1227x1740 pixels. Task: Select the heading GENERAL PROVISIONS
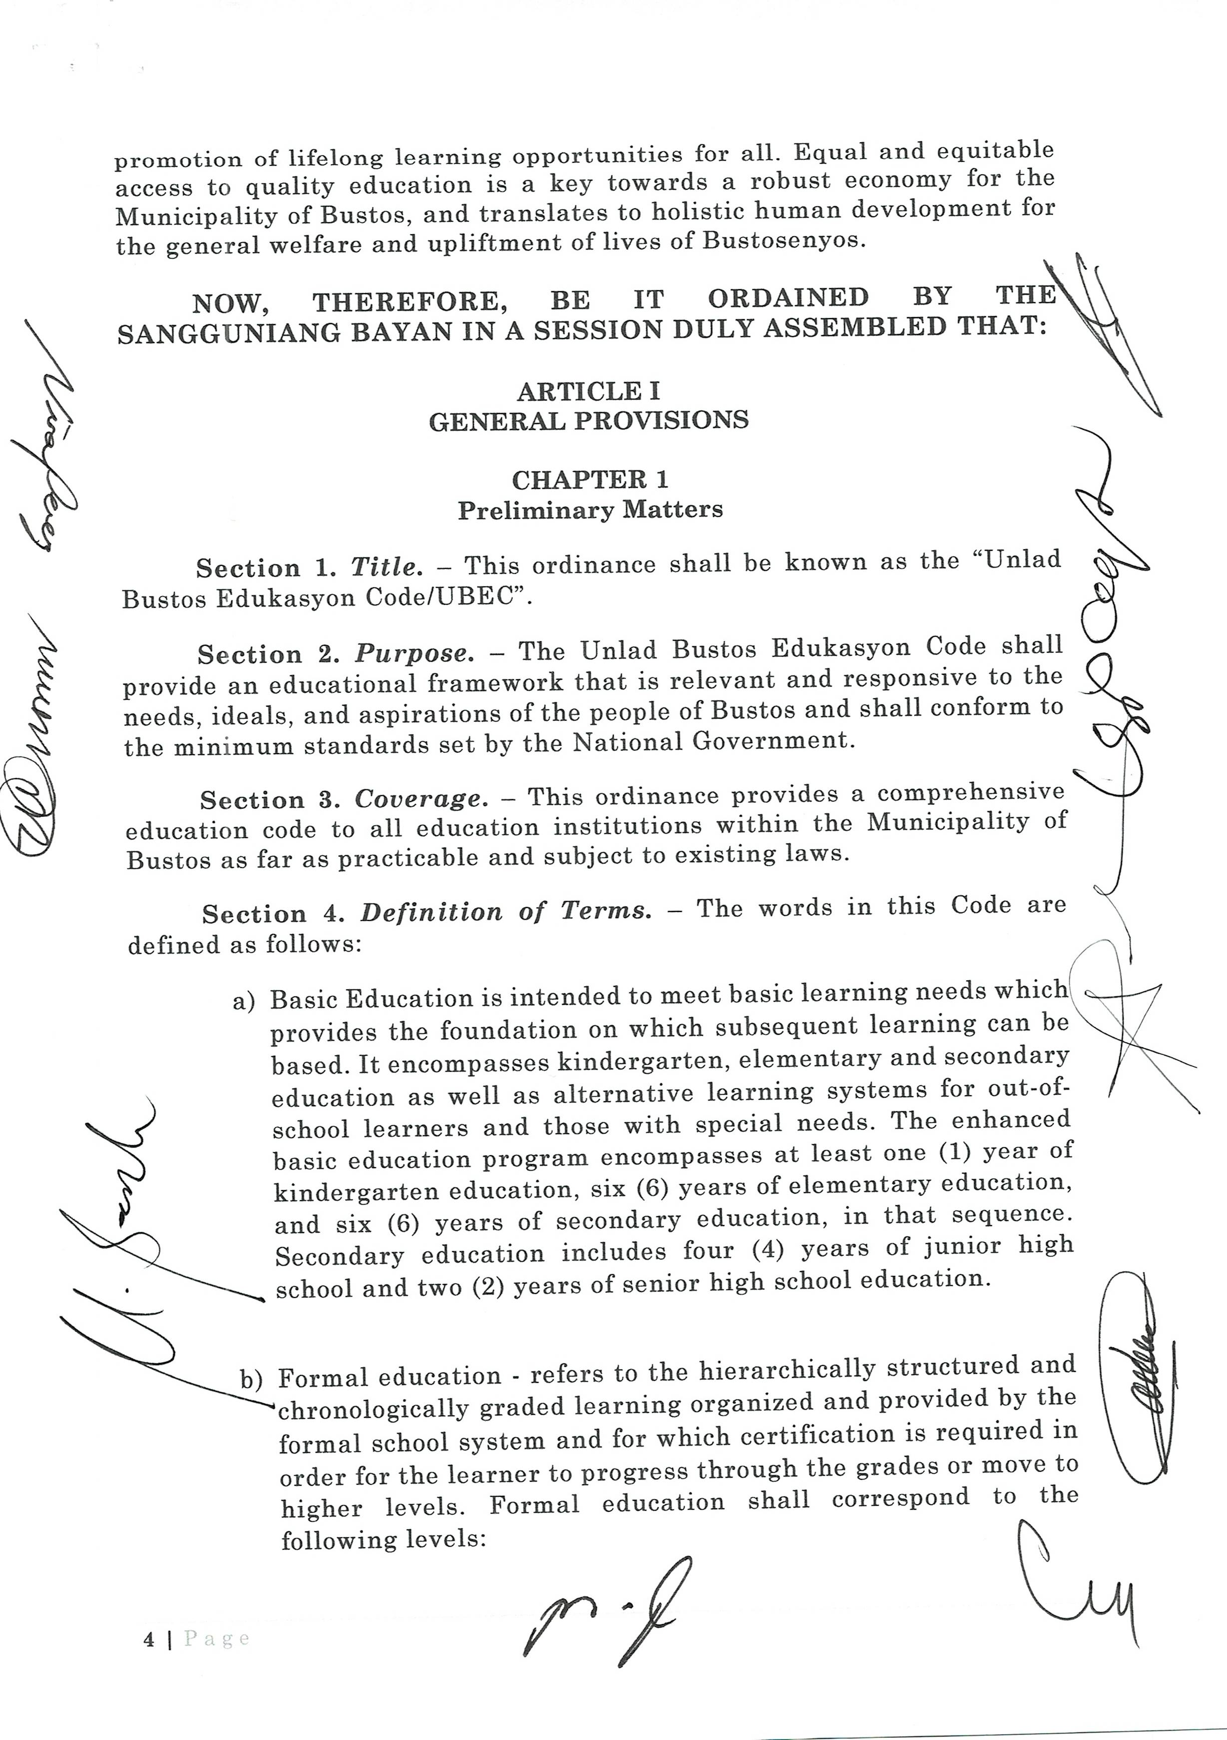click(x=589, y=421)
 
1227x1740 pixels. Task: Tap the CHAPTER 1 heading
click(x=590, y=480)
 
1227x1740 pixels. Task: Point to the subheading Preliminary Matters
click(x=590, y=510)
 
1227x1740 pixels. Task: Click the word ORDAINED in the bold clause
click(x=788, y=298)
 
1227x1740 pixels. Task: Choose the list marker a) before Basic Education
click(x=244, y=1002)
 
